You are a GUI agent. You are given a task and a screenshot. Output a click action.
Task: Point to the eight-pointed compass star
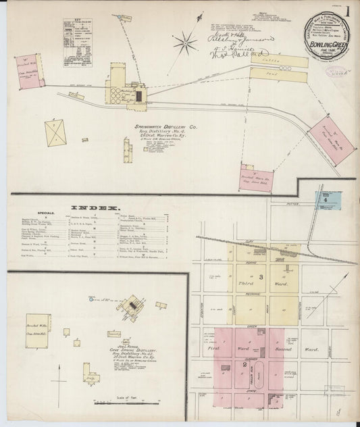184,45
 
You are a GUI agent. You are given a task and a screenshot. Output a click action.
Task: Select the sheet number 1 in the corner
346,11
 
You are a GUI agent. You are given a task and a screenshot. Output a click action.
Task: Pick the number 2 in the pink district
245,366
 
